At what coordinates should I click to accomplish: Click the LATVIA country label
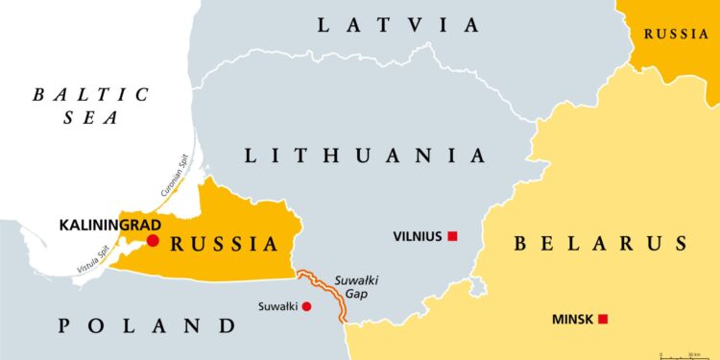397,25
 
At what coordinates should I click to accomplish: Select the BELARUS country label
601,243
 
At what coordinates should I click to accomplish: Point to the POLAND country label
146,325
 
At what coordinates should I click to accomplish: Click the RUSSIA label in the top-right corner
677,34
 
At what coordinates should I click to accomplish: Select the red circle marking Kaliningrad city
153,240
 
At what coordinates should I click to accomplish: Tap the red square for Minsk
603,319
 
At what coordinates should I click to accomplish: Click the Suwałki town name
278,307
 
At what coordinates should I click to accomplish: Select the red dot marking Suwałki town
306,307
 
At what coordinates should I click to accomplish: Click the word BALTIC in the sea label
91,94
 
